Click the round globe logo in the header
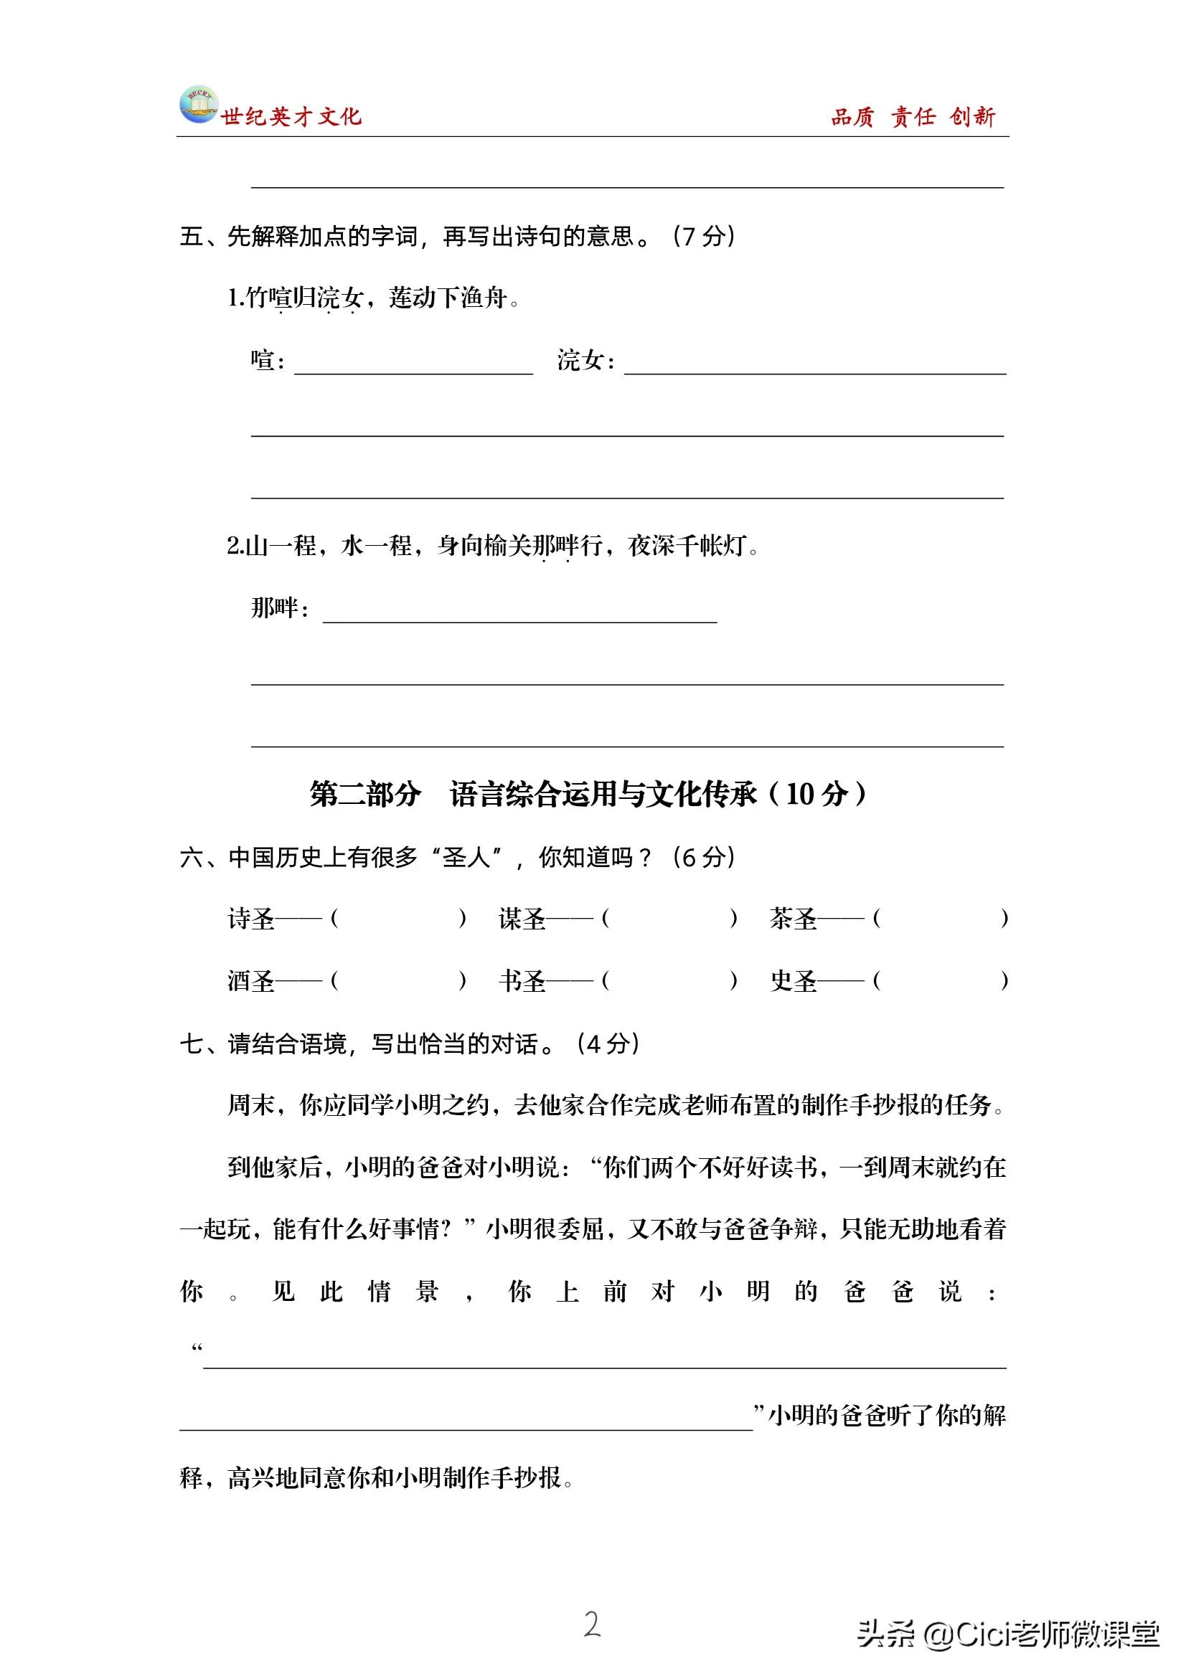coord(198,105)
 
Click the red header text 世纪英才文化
coord(291,117)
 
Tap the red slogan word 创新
coord(972,117)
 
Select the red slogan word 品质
coord(852,117)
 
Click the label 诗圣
coord(250,918)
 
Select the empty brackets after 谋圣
coord(669,918)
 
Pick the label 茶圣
coord(792,918)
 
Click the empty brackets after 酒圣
coord(398,980)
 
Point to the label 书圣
coord(522,980)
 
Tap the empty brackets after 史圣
coord(941,980)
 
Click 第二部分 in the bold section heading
coord(365,794)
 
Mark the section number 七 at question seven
coord(191,1044)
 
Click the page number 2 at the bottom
coord(592,1625)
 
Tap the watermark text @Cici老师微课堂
coord(1040,1634)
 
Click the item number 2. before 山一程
coord(235,546)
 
